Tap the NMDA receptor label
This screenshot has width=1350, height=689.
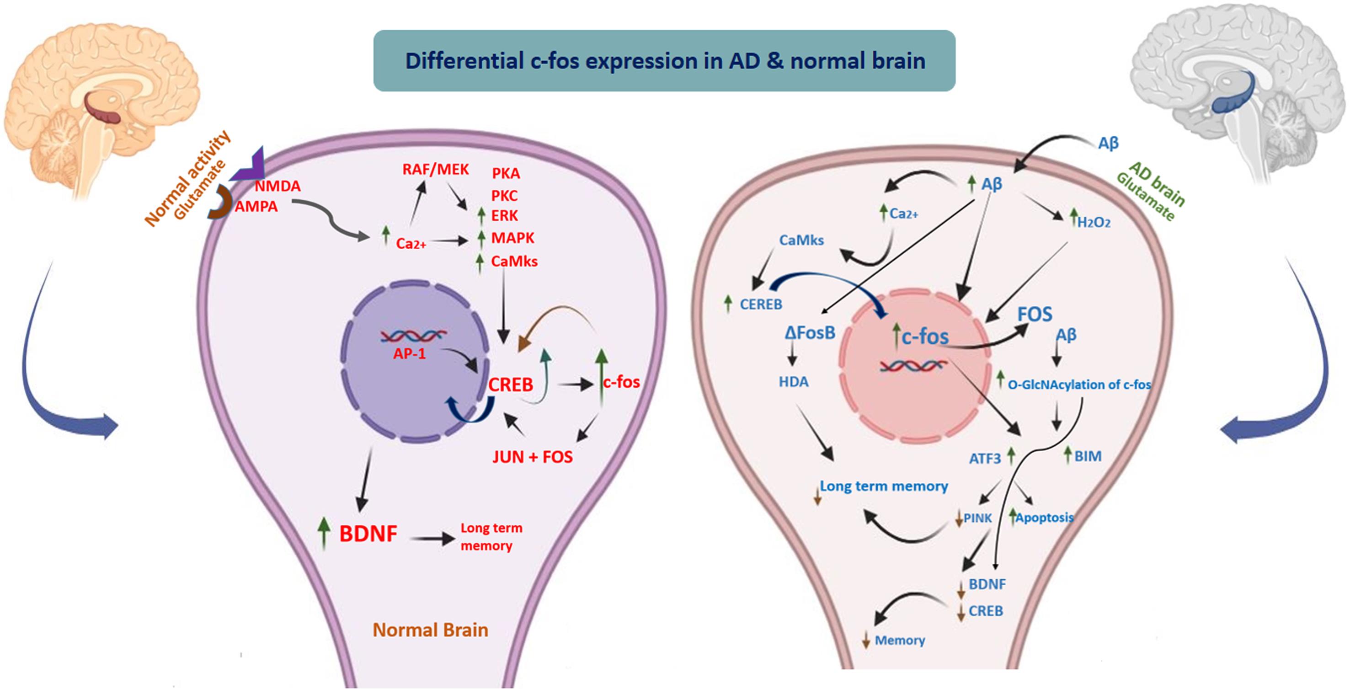click(278, 187)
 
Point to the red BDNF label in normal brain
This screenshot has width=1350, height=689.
click(368, 534)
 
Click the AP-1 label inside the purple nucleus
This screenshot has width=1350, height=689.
click(409, 354)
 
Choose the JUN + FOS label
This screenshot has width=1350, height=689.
click(533, 457)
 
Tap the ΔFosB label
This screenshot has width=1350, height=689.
click(810, 333)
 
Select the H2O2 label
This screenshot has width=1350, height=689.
click(1093, 223)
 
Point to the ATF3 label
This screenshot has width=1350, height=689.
click(985, 459)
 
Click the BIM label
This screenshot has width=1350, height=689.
click(1088, 456)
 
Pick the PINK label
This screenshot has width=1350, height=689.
click(977, 518)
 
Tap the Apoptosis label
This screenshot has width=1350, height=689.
click(1045, 518)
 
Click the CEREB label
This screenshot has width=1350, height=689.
click(760, 304)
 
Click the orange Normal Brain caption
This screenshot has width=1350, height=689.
click(430, 630)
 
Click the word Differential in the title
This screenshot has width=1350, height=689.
click(464, 61)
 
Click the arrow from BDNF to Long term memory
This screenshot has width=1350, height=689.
click(432, 538)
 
